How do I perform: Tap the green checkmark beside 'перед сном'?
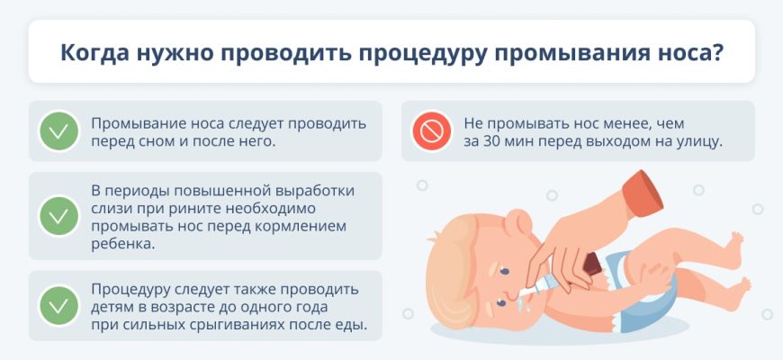[x=58, y=130]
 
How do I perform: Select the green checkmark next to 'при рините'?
[x=58, y=216]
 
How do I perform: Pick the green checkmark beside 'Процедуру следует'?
[x=58, y=306]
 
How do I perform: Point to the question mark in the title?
[x=716, y=51]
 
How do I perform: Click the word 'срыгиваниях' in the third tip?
[x=236, y=325]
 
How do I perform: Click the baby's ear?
[x=518, y=221]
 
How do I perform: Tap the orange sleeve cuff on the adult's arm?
[x=643, y=193]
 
